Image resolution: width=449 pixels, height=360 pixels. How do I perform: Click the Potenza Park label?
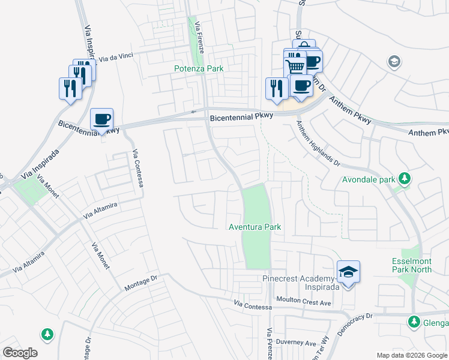click(199, 69)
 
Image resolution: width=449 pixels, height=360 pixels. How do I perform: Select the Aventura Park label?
click(255, 227)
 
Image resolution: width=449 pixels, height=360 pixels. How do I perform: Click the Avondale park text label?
click(369, 179)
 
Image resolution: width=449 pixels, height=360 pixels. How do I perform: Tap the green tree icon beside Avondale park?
click(405, 178)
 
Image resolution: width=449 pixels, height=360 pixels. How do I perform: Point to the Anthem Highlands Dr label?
click(318, 143)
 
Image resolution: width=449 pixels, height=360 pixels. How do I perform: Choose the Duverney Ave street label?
click(302, 344)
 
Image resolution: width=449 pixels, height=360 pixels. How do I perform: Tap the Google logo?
click(20, 353)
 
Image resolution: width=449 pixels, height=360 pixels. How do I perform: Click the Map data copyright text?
click(412, 355)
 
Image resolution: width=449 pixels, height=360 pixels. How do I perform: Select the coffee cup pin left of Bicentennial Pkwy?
click(101, 119)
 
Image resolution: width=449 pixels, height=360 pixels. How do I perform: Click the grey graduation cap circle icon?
click(394, 61)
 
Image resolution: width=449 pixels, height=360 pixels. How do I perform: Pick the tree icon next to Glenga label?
click(414, 322)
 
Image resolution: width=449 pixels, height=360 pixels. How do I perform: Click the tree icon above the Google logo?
click(47, 333)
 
